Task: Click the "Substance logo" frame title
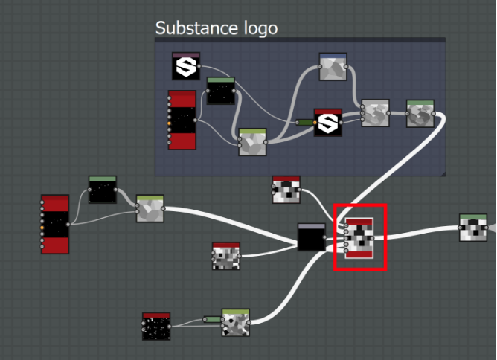coord(216,28)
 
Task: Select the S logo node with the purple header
coord(186,66)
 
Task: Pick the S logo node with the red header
coord(327,123)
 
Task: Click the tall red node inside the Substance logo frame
coord(182,120)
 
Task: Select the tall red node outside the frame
coord(55,225)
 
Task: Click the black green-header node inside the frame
coord(220,91)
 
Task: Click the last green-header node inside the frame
coord(420,113)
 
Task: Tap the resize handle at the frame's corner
coord(443,173)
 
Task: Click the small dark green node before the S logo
coord(304,122)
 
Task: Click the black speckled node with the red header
coord(156,327)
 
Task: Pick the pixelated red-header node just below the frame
coord(286,190)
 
